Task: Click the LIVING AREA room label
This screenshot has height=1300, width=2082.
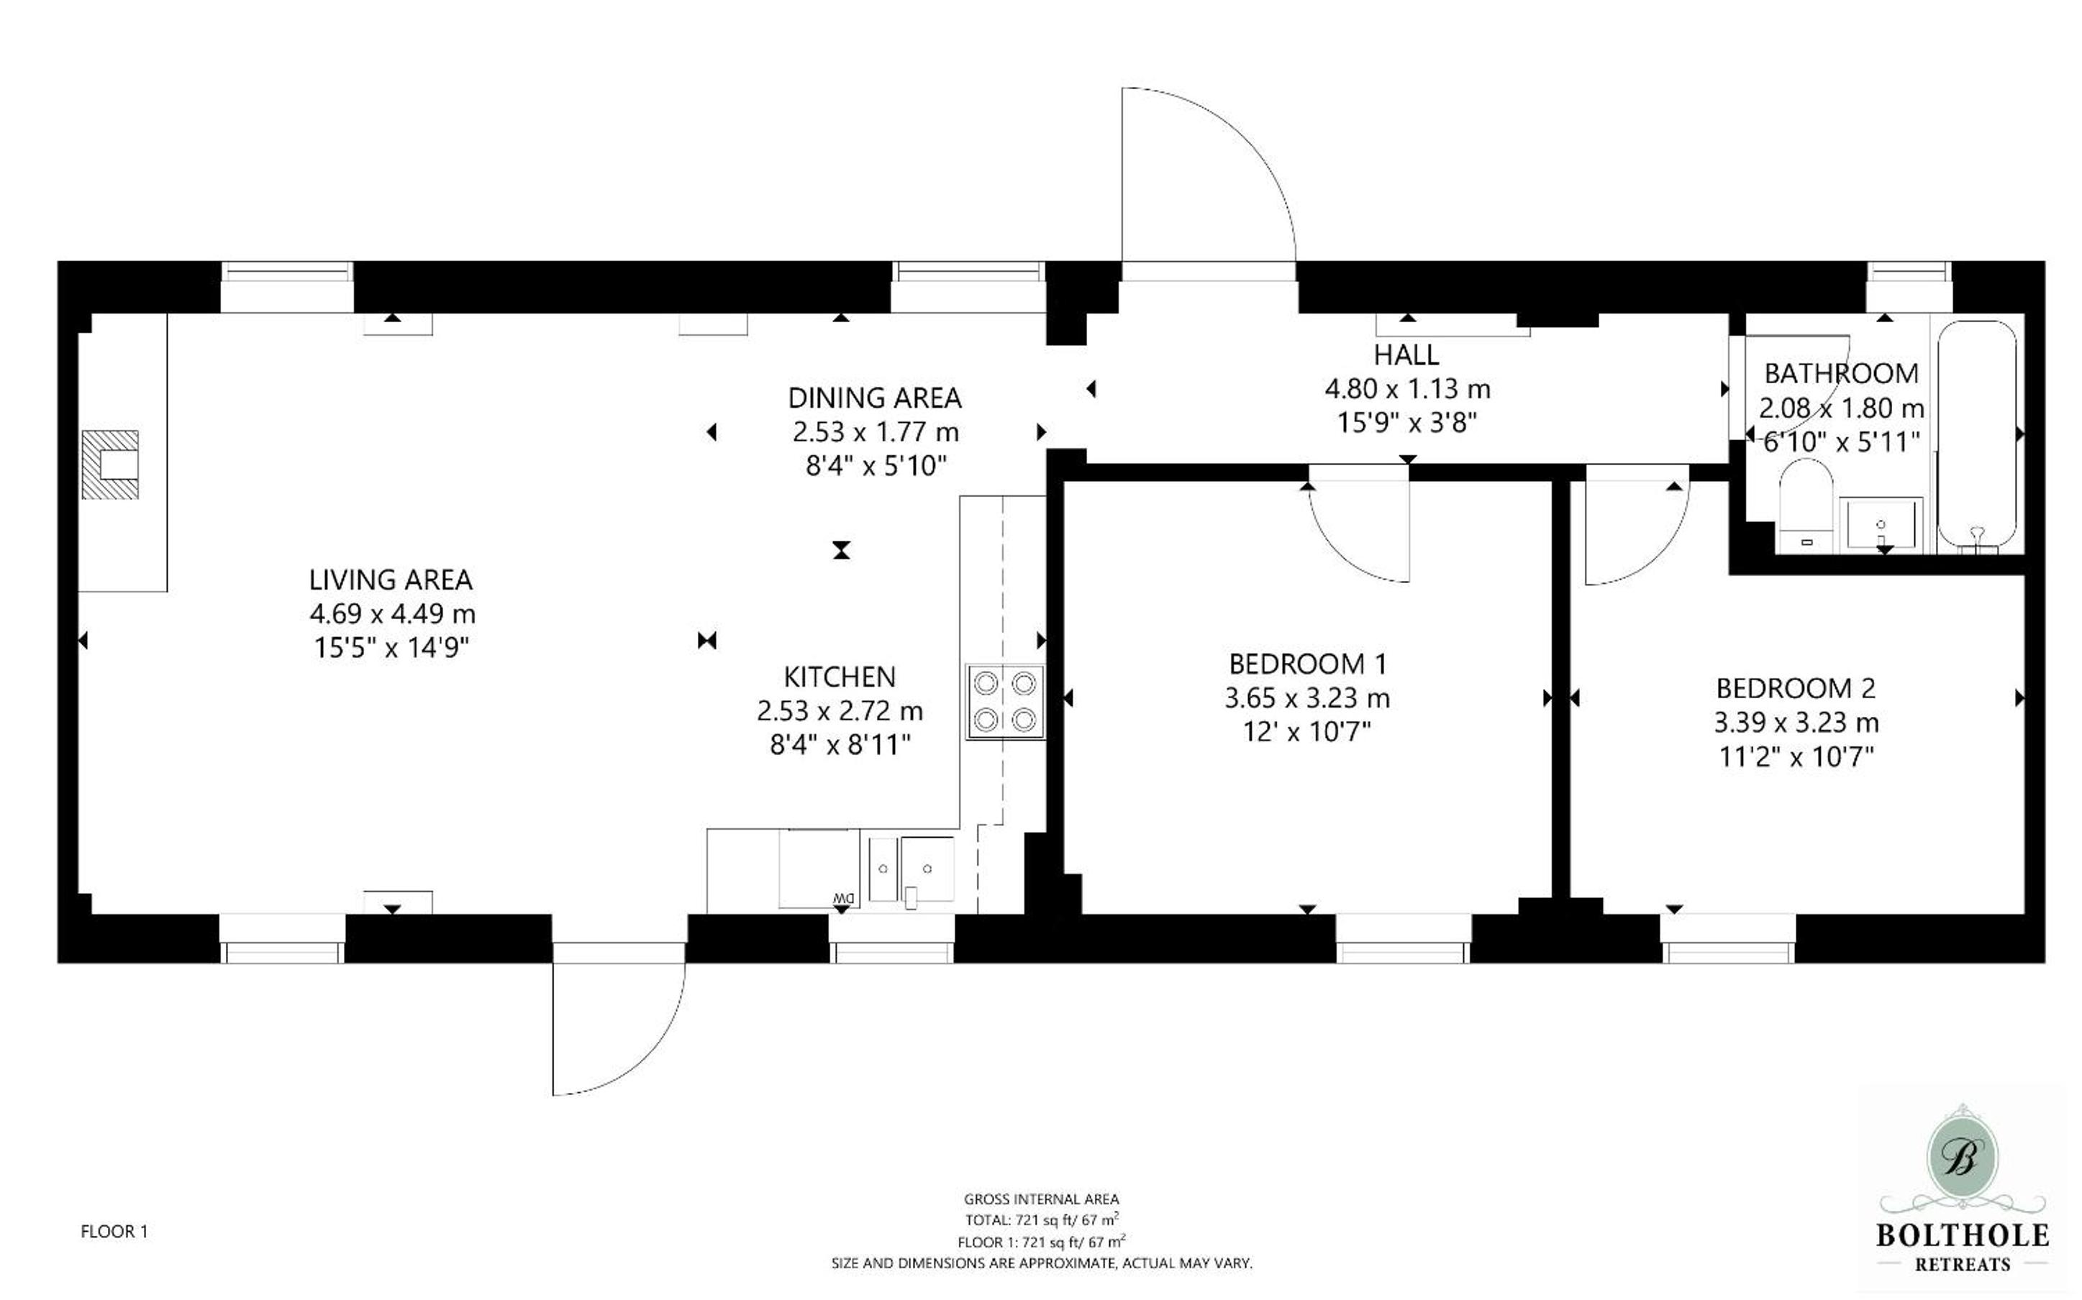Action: (x=391, y=580)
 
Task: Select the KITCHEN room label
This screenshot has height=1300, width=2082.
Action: (x=840, y=677)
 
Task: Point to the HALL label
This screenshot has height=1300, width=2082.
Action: (x=1406, y=354)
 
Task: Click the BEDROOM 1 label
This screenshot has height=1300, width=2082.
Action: (x=1307, y=664)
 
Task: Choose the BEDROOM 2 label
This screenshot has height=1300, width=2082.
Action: (x=1796, y=688)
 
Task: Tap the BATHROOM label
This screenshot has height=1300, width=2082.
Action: (x=1841, y=373)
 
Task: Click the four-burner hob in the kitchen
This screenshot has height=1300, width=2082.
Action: (x=1004, y=702)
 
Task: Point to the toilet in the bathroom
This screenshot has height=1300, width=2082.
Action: (x=1806, y=505)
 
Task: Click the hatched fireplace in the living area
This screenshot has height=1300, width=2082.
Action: (x=110, y=464)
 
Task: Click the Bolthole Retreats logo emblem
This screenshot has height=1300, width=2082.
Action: (x=1962, y=1158)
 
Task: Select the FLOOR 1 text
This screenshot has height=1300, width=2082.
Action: (x=114, y=1231)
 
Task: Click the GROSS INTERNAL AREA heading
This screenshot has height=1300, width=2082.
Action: (x=1042, y=1199)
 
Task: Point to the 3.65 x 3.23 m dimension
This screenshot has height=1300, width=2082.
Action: (x=1307, y=698)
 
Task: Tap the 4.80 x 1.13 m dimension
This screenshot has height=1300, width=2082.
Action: (x=1407, y=388)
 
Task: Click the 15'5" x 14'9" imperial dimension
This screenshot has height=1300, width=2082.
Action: (x=391, y=646)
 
